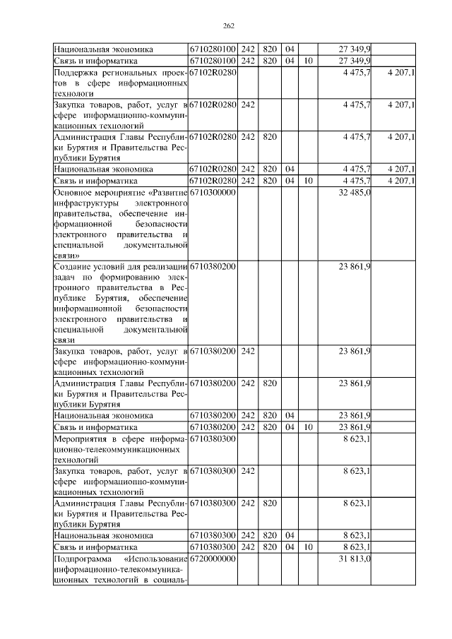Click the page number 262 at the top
click(x=228, y=26)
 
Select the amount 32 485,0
click(x=355, y=193)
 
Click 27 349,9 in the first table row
click(x=355, y=49)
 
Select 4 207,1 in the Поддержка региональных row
click(x=400, y=73)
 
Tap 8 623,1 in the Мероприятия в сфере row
click(x=357, y=438)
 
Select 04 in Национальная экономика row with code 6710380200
click(x=290, y=416)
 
